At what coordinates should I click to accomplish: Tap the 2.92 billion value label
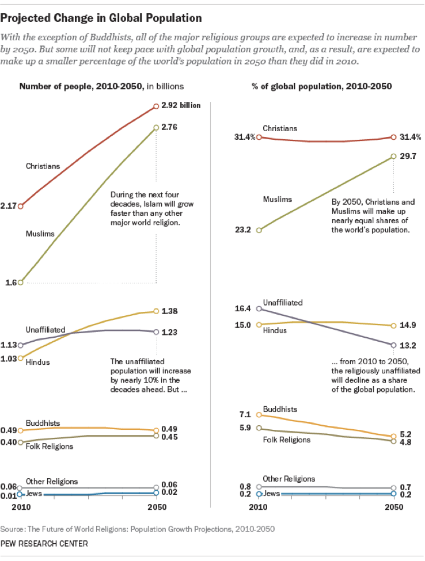185,106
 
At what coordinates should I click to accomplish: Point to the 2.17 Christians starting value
9,205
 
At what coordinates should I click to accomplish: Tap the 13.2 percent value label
408,345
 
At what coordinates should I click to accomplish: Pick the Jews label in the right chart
272,493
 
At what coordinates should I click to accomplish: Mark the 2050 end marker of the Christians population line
156,106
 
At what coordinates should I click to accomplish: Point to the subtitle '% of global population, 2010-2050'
322,86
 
